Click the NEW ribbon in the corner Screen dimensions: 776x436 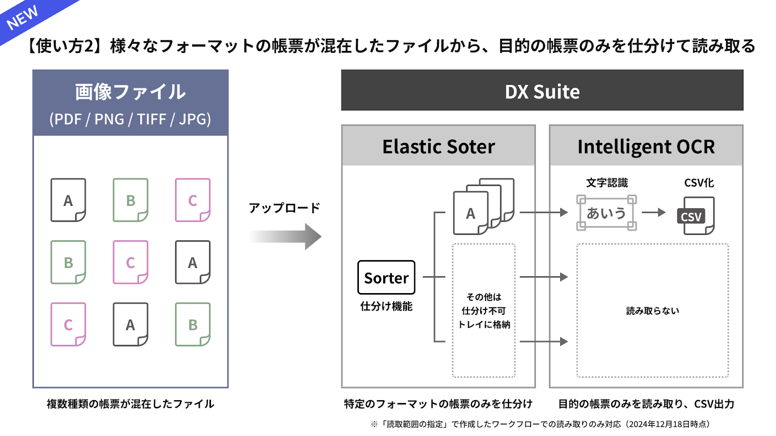pos(24,17)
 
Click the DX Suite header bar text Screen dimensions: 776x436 pos(542,92)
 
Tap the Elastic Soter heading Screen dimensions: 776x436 pos(438,146)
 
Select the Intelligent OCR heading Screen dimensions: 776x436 pos(646,147)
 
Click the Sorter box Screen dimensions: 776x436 pos(386,278)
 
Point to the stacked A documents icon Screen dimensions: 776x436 pos(484,206)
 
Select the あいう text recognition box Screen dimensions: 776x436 pos(606,213)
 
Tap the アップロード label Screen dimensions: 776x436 pos(284,208)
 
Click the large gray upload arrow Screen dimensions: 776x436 pos(285,237)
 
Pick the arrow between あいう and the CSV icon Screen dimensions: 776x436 pos(654,212)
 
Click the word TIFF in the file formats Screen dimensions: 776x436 pos(151,119)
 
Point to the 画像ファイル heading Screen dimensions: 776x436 pos(130,92)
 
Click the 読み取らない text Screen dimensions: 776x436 pos(653,311)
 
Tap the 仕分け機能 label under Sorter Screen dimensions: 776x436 pos(386,306)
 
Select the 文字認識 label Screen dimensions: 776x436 pos(607,183)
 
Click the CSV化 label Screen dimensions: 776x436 pos(699,183)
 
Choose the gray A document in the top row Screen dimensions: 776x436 pos(68,200)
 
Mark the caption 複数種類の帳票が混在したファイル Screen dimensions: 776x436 pos(130,404)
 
